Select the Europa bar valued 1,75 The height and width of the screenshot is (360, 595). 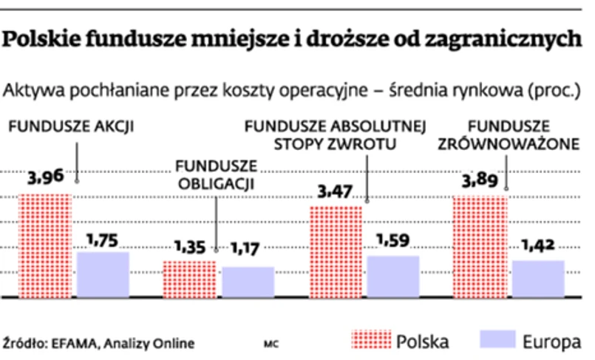pyautogui.click(x=103, y=274)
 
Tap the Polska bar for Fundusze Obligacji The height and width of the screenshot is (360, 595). pyautogui.click(x=189, y=279)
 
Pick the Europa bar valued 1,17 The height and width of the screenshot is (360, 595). pyautogui.click(x=248, y=282)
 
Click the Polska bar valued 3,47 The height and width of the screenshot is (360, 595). pyautogui.click(x=336, y=251)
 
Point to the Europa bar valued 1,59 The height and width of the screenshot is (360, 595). pyautogui.click(x=393, y=276)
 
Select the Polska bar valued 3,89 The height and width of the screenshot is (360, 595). pyautogui.click(x=480, y=245)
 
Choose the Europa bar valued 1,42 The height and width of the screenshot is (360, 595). pyautogui.click(x=538, y=279)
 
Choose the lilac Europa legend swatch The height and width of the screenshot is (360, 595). pyautogui.click(x=496, y=340)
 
